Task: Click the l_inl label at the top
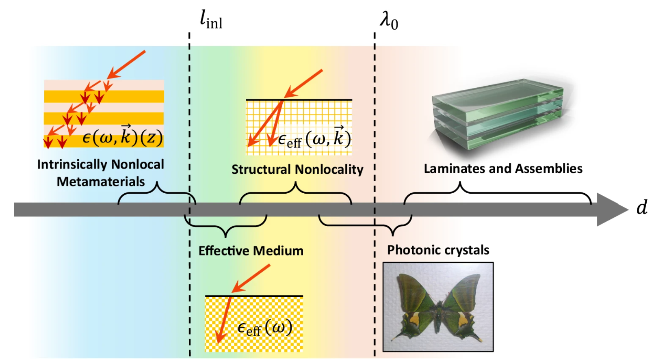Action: point(211,21)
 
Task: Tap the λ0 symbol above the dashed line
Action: point(389,22)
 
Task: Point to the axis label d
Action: point(642,207)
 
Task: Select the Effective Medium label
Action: point(251,251)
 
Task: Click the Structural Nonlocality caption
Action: point(297,169)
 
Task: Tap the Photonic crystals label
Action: point(438,250)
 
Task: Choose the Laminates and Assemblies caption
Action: point(503,169)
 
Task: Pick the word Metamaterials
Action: point(101,182)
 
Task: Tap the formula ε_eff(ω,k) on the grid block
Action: point(314,138)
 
